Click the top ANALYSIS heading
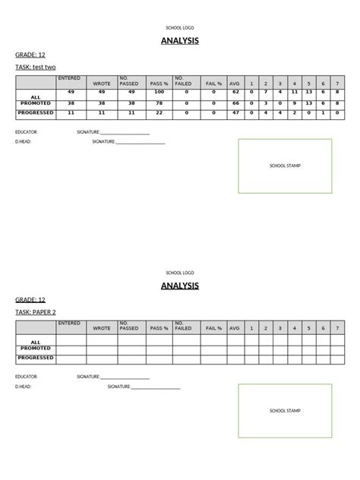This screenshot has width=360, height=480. [180, 41]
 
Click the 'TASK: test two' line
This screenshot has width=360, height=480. [36, 68]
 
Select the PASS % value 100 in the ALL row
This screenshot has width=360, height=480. [159, 92]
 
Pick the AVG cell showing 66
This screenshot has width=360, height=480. [235, 103]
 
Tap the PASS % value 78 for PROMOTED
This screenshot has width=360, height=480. [159, 103]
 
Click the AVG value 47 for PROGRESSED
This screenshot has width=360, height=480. [235, 112]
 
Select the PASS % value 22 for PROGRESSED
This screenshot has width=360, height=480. [159, 112]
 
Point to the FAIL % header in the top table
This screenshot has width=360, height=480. [213, 83]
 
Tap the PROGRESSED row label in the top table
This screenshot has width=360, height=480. [35, 112]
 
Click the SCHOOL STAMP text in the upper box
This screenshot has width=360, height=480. [285, 165]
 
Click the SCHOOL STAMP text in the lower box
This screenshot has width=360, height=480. [285, 411]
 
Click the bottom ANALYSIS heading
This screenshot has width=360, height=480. [180, 286]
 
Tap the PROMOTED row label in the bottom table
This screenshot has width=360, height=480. [36, 348]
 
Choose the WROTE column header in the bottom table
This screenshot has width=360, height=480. [102, 328]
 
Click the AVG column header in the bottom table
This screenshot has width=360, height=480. [235, 328]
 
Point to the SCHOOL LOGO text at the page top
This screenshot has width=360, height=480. [180, 27]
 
